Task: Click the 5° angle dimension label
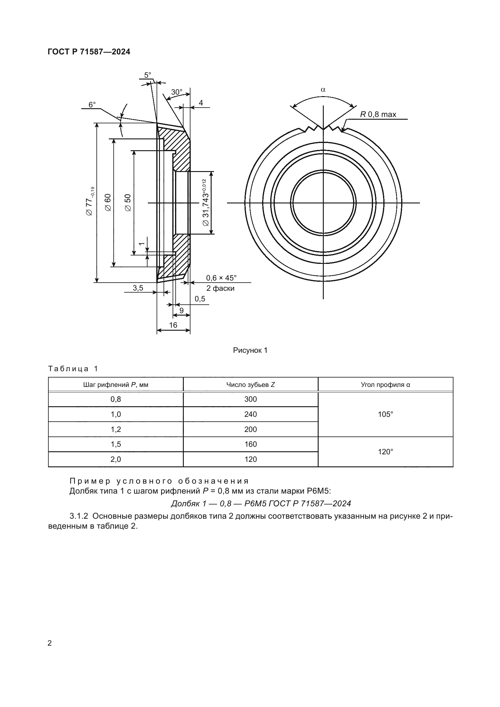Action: [148, 75]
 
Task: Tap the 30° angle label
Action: [177, 92]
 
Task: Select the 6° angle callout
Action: [92, 105]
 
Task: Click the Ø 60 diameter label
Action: [108, 202]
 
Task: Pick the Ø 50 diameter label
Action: [128, 202]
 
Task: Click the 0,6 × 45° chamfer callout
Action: [221, 278]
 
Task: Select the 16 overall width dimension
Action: [173, 325]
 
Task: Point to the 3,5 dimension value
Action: [138, 288]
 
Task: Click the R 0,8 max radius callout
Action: [378, 115]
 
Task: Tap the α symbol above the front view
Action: [323, 89]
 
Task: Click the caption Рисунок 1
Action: [250, 350]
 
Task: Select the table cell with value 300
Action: [250, 399]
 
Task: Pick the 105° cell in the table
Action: [385, 414]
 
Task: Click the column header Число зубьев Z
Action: [250, 384]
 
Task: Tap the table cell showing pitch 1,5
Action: [116, 444]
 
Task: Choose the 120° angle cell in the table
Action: [385, 452]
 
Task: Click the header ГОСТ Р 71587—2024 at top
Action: [89, 52]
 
